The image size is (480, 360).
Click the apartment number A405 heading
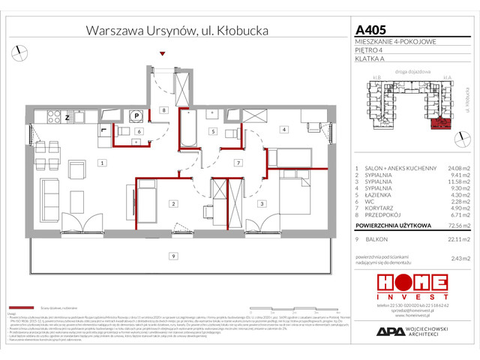pyautogui.click(x=369, y=31)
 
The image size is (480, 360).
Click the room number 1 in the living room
pyautogui.click(x=100, y=163)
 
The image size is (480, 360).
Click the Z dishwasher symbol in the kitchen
pyautogui.click(x=67, y=118)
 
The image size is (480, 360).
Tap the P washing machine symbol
pyautogui.click(x=137, y=115)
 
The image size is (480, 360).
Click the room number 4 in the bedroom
pyautogui.click(x=283, y=130)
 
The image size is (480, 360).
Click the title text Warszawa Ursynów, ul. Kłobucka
pyautogui.click(x=177, y=31)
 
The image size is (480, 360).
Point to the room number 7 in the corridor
pyautogui.click(x=237, y=163)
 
